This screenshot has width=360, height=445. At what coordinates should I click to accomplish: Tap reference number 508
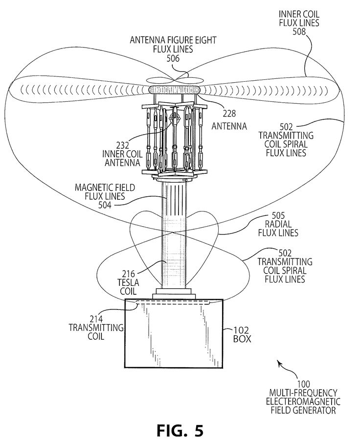pyautogui.click(x=299, y=31)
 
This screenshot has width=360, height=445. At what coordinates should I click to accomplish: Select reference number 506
pyautogui.click(x=173, y=58)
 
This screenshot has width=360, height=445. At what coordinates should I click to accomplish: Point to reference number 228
pyautogui.click(x=229, y=114)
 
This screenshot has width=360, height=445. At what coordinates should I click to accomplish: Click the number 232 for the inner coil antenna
pyautogui.click(x=122, y=145)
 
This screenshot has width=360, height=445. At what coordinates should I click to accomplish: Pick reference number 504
pyautogui.click(x=105, y=205)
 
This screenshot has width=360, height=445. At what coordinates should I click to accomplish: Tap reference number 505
pyautogui.click(x=278, y=215)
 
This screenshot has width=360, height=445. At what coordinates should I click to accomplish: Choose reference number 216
pyautogui.click(x=129, y=274)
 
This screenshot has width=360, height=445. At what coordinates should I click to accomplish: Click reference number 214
pyautogui.click(x=96, y=319)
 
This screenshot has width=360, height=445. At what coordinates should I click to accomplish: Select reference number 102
pyautogui.click(x=241, y=330)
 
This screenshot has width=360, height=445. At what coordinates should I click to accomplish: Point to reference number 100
pyautogui.click(x=303, y=384)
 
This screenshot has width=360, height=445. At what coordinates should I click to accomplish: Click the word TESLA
pyautogui.click(x=129, y=282)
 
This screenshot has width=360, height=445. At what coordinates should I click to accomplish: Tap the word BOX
pyautogui.click(x=242, y=339)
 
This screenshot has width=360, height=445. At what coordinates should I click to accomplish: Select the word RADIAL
pyautogui.click(x=278, y=224)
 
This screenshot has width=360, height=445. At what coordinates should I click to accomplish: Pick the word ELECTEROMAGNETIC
pyautogui.click(x=303, y=401)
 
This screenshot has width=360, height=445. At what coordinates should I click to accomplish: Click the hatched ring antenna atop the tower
pyautogui.click(x=174, y=90)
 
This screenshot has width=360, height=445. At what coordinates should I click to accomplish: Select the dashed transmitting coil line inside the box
pyautogui.click(x=174, y=303)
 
